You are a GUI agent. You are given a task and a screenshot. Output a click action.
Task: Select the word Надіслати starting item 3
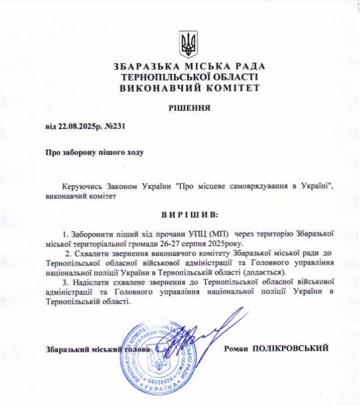92,282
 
